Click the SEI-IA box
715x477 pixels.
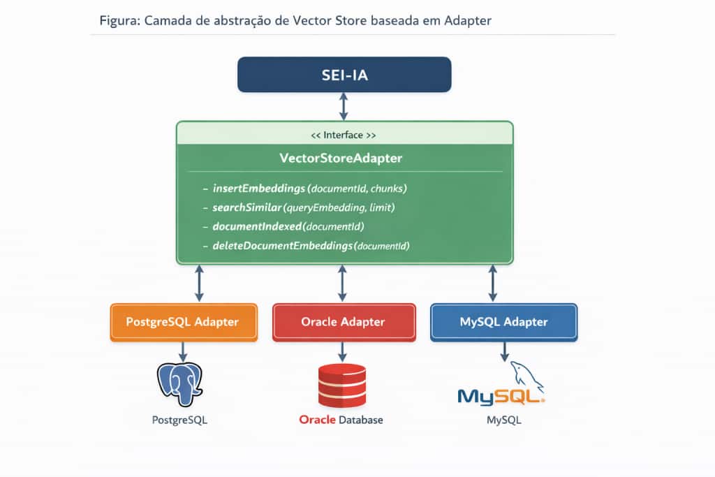pos(344,75)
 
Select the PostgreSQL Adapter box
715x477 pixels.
pos(183,322)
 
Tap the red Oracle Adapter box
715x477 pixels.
pos(343,322)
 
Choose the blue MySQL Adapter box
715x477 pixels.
pos(503,322)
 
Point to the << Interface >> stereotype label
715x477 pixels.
pos(342,135)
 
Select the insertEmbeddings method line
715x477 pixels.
pos(309,189)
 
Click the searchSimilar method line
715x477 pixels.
pos(304,208)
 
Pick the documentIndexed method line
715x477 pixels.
pos(288,227)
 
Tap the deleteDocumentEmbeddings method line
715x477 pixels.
pos(311,246)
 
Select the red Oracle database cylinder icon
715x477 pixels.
pos(341,385)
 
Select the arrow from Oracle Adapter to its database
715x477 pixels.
pos(342,351)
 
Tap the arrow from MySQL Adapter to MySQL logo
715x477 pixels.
pos(504,351)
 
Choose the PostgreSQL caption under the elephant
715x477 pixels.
pos(179,420)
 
